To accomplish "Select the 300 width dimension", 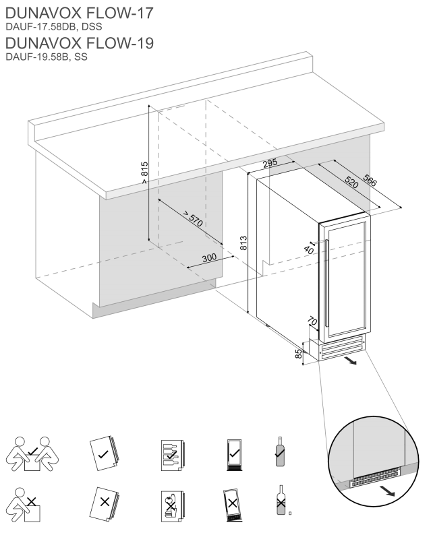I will click(x=209, y=258).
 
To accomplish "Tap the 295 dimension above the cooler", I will click(x=270, y=163).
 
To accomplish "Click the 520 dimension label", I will click(x=351, y=181).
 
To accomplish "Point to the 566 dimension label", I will click(x=370, y=180).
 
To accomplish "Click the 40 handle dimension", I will click(x=309, y=250).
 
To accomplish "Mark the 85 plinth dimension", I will click(x=299, y=353).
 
